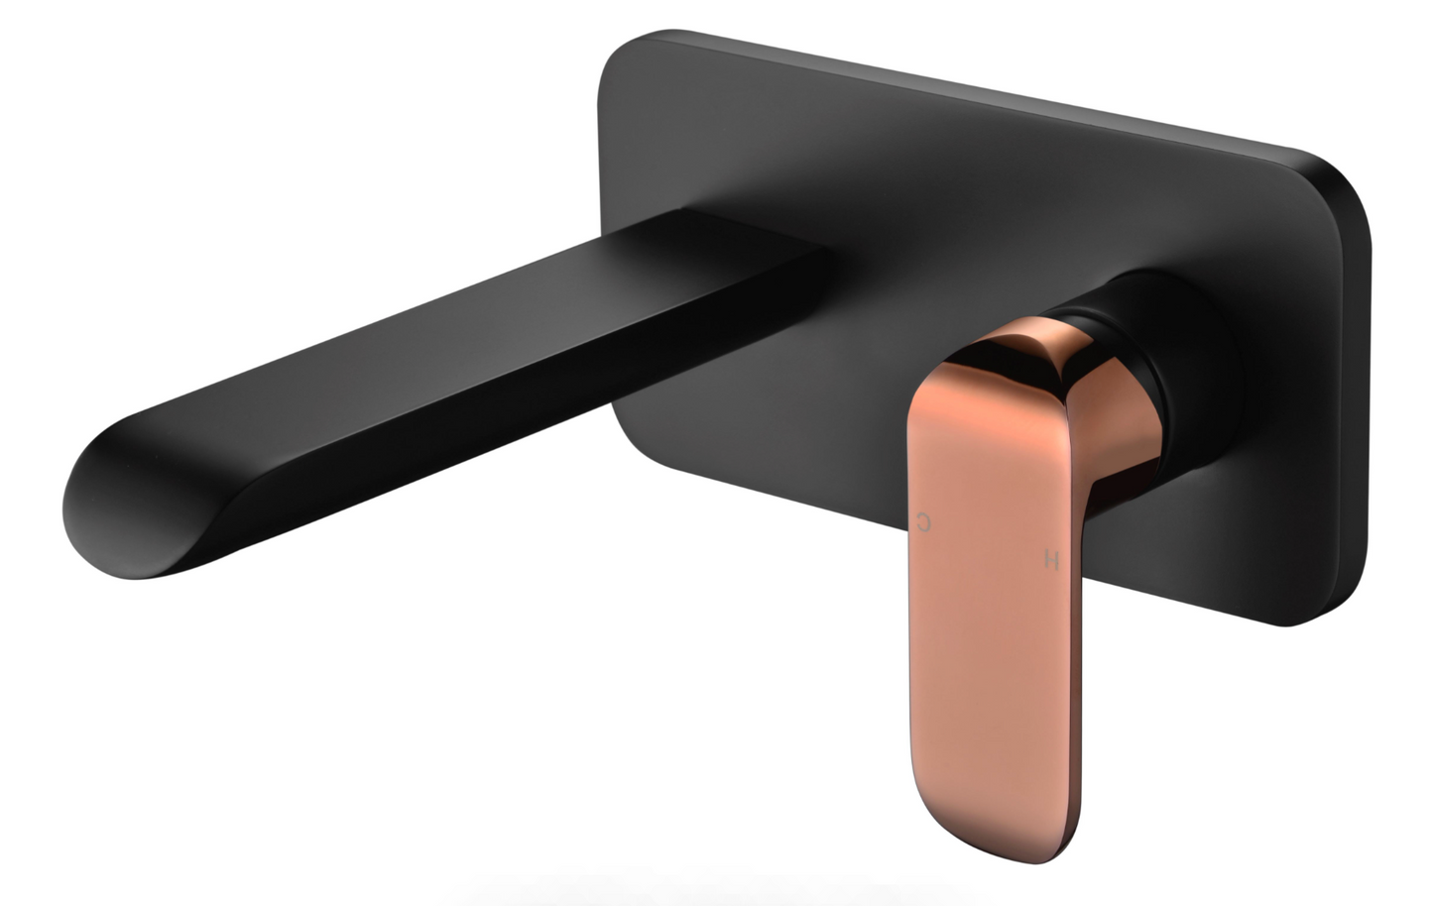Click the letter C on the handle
pos(925,522)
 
